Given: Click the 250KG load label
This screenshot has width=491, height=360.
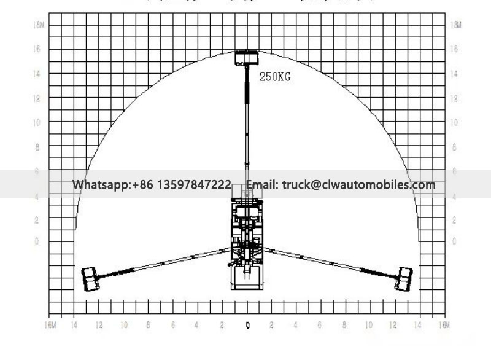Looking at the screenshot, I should point(274,77).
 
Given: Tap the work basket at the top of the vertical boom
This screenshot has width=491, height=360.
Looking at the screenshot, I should point(247,58).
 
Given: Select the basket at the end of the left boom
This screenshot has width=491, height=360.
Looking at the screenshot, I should point(91,279).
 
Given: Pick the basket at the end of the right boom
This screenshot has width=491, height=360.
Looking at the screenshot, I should point(404,278).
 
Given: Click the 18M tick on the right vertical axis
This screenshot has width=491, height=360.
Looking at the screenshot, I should point(455,25).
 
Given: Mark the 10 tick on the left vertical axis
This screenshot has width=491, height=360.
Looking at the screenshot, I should point(37,123).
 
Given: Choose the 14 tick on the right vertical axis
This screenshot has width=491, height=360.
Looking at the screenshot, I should point(455,74).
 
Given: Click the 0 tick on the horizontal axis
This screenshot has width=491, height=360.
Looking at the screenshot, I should point(247,325).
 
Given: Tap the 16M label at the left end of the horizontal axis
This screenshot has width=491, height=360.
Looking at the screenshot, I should point(52,324).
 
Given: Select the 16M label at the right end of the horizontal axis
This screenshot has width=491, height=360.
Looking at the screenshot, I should point(444,324).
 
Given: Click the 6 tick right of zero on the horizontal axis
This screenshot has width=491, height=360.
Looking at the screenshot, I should point(320,325).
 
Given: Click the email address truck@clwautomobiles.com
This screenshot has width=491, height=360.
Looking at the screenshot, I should point(358,185).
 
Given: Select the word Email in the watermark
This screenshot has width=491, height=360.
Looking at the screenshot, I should point(262,185).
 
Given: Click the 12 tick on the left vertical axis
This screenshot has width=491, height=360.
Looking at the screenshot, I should point(37,98).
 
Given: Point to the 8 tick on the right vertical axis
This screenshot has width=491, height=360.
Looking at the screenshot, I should point(455,147).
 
